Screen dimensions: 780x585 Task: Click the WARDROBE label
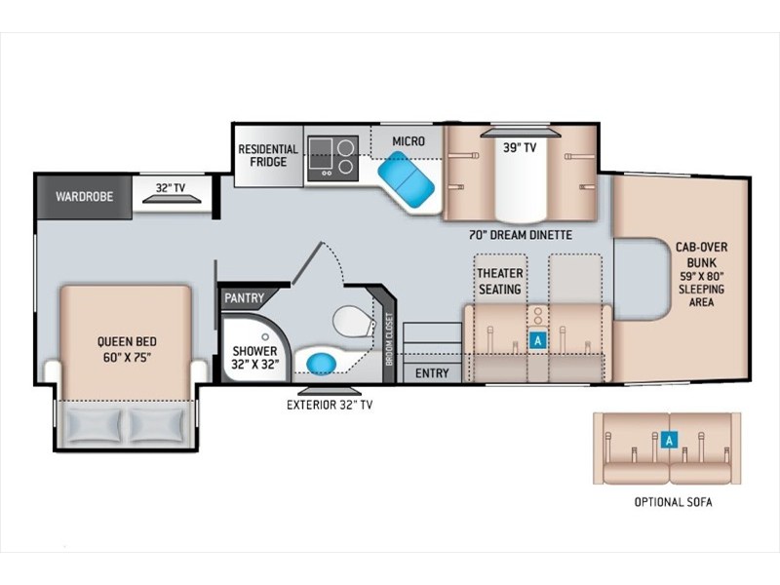[85, 197]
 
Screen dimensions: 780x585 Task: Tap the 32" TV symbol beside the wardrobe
[173, 199]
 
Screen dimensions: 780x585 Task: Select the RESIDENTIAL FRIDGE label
[268, 155]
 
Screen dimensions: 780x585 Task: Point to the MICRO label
[409, 141]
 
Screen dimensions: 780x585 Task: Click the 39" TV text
[520, 147]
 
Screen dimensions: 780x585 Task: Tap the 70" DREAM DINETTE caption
[521, 235]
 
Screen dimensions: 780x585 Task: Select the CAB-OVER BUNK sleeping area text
[701, 274]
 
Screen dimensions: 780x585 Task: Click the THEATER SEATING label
[500, 281]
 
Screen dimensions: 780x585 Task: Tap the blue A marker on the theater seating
[538, 340]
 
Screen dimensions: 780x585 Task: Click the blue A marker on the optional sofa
[670, 441]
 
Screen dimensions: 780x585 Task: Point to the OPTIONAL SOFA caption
[673, 502]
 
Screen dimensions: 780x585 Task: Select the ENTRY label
[432, 373]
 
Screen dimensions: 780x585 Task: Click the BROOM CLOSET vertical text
[389, 338]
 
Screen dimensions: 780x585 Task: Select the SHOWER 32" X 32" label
[254, 357]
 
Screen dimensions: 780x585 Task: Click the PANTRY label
[244, 298]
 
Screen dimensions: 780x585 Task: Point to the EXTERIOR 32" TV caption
[330, 405]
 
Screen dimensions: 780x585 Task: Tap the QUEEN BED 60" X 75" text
[127, 349]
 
